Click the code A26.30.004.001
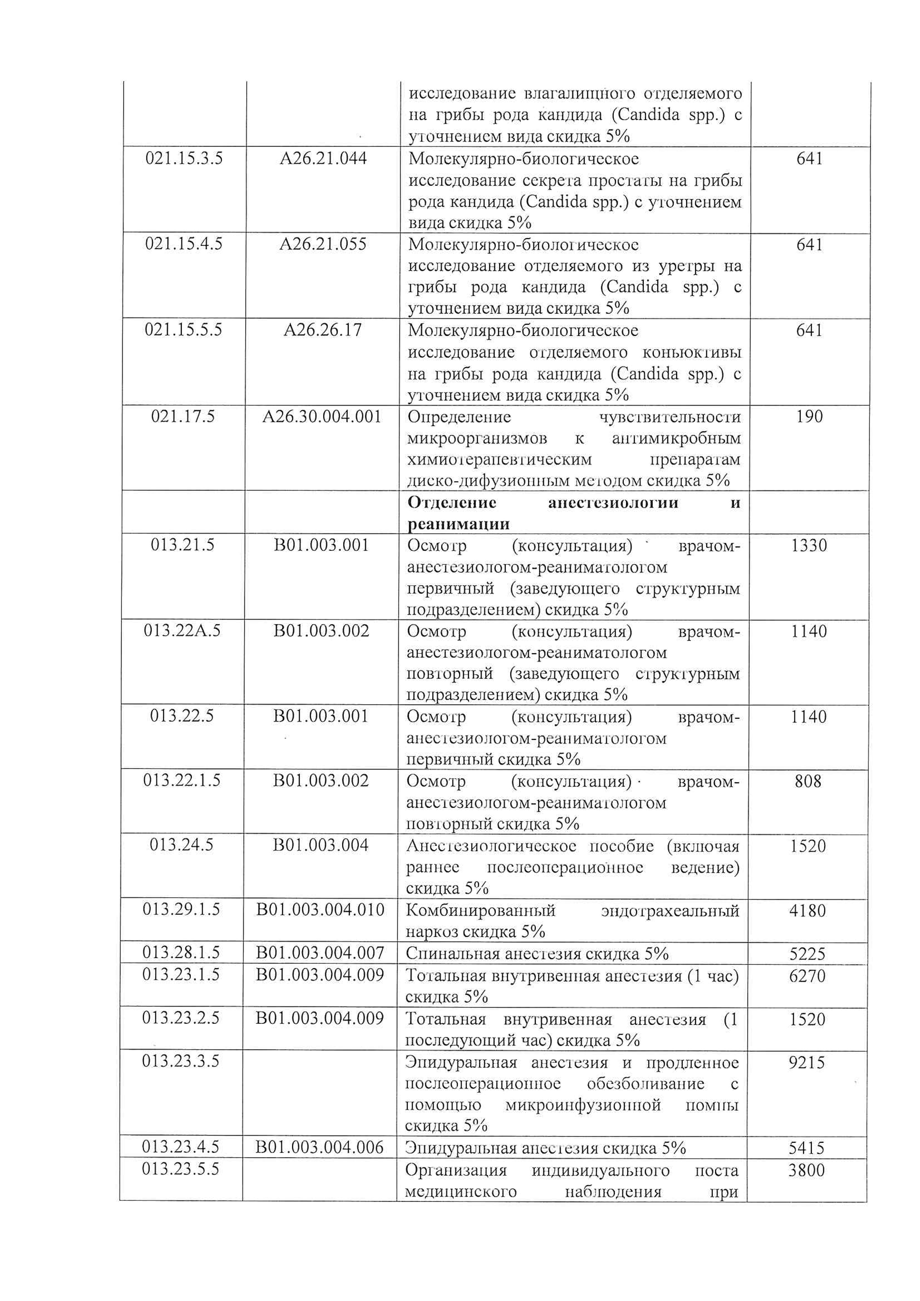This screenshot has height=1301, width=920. [x=322, y=417]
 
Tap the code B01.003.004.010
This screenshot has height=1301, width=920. [x=320, y=910]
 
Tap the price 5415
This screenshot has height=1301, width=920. [x=807, y=1148]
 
